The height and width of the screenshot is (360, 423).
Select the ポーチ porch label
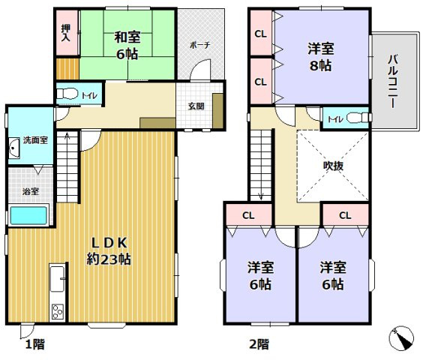200,44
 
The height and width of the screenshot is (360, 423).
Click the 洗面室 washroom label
34,139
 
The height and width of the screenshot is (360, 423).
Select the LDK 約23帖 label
112,250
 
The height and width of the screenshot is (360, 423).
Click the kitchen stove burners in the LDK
58,310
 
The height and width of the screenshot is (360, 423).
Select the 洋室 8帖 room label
321,57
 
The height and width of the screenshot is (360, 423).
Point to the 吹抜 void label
333,166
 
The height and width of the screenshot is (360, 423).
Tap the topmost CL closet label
260,34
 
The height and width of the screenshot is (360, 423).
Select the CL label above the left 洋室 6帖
247,215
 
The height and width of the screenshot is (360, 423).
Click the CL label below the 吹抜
344,215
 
